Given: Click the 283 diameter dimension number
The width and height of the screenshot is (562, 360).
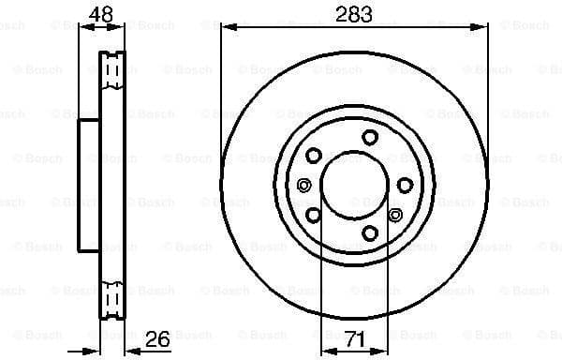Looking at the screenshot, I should click(x=354, y=13).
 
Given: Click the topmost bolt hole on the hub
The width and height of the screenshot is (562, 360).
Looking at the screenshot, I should click(x=369, y=137).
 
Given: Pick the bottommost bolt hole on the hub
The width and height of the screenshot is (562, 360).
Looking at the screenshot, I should click(x=369, y=232).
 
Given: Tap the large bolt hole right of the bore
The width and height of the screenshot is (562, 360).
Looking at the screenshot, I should click(x=404, y=186).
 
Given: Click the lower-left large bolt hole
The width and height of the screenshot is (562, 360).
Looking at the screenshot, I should click(x=314, y=217).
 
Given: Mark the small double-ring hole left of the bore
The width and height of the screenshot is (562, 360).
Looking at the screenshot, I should click(x=302, y=186).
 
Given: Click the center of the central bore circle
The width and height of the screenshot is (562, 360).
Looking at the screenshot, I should click(x=355, y=185).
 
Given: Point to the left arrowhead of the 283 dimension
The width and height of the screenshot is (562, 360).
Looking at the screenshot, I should click(x=227, y=28).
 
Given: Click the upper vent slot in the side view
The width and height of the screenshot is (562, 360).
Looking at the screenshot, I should click(x=111, y=71).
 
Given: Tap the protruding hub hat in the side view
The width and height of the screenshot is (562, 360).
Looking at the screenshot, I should click(x=87, y=185).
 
